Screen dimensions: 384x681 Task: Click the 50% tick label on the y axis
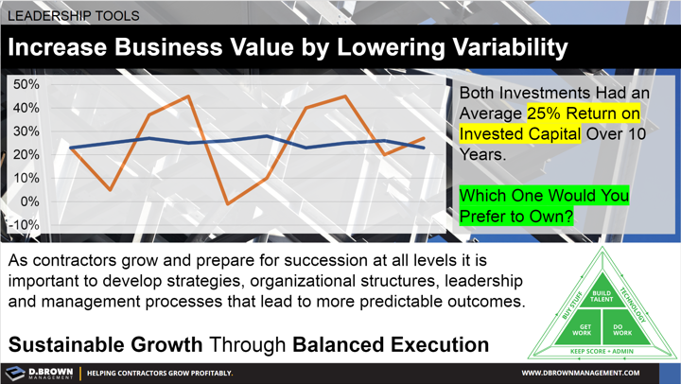click(x=26, y=85)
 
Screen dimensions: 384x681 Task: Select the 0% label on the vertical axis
click(x=28, y=201)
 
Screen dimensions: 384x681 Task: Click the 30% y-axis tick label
click(x=26, y=131)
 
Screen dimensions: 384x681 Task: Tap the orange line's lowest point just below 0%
click(x=227, y=203)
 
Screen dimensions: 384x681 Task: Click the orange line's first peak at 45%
click(x=188, y=96)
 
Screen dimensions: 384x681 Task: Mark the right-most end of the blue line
click(x=424, y=148)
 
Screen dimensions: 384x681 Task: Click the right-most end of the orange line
click(x=424, y=139)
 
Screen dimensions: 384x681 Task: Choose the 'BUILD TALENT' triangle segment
click(x=602, y=295)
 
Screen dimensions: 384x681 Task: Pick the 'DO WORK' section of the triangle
click(x=621, y=329)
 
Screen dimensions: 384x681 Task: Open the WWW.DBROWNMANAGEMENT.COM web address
click(x=594, y=373)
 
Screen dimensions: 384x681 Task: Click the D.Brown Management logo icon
click(x=15, y=373)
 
